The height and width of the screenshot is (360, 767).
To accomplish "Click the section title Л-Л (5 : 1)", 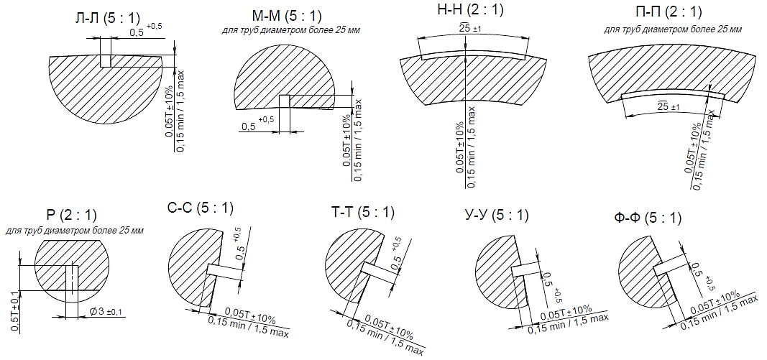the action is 107,19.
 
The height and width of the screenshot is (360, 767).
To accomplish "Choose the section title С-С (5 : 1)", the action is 200,208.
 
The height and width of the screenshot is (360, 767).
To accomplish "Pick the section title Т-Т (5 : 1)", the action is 362,213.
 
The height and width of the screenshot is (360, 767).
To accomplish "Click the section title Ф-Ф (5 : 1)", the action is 648,218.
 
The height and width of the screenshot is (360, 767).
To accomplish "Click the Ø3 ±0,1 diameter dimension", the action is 106,312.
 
